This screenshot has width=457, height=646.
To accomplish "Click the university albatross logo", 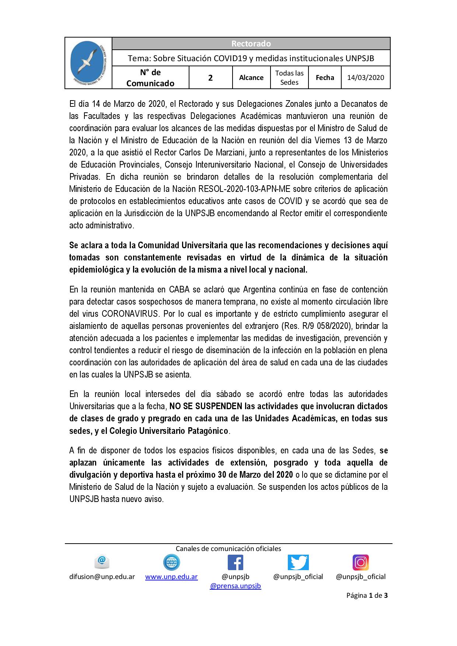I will [x=88, y=63].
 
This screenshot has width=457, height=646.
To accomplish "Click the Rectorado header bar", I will [x=251, y=43].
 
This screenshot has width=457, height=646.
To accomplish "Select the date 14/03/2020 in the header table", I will [x=366, y=77].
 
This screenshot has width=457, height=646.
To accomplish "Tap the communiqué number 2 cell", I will [x=210, y=78].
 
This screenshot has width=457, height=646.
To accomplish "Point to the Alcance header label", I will [x=251, y=77].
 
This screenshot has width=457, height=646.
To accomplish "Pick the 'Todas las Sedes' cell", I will [x=289, y=78].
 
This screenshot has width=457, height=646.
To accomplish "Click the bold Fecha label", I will [x=325, y=77].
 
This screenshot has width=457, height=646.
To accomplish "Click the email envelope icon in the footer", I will [x=102, y=562].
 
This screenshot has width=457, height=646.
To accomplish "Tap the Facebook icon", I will [x=236, y=562].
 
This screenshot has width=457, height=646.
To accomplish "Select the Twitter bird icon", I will [x=298, y=562].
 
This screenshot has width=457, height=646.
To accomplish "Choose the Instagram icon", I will [x=360, y=562].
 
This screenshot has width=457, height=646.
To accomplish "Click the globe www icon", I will [x=171, y=562].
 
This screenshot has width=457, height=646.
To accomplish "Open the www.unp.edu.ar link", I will [x=171, y=577].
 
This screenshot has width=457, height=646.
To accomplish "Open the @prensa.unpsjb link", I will [x=236, y=586].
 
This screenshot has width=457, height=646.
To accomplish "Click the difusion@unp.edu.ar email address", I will [x=102, y=577].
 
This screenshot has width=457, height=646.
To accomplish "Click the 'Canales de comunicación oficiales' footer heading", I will [x=228, y=548].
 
